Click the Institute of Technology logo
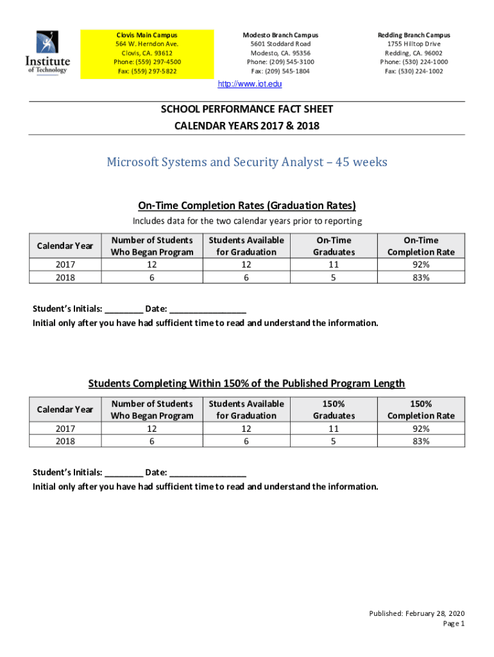[47, 53]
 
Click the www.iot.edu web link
[250, 84]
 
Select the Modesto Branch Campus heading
[280, 35]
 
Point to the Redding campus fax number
[414, 71]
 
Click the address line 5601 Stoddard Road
[280, 44]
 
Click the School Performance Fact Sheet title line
[247, 110]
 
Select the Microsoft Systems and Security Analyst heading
[247, 162]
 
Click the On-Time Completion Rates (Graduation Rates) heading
[247, 205]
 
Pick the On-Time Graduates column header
[334, 246]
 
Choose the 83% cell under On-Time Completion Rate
[421, 277]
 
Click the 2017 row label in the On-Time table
[65, 264]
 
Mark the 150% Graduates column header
[334, 409]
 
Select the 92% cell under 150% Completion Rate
[421, 429]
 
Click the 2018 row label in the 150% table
[65, 441]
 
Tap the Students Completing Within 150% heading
[247, 384]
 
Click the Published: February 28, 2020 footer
[416, 613]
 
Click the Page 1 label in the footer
[454, 624]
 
